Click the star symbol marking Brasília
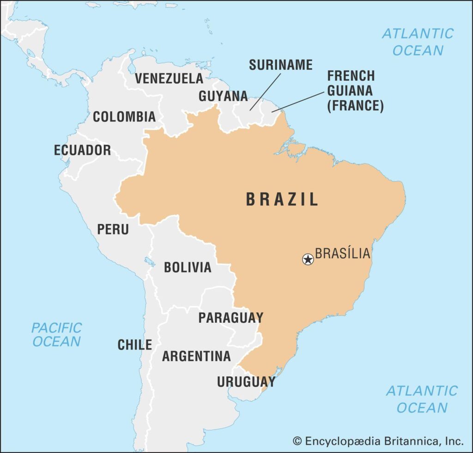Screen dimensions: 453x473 [x=308, y=259]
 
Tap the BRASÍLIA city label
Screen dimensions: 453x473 [x=342, y=254]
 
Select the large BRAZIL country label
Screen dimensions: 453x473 [x=282, y=199]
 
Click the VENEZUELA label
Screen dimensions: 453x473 [x=169, y=79]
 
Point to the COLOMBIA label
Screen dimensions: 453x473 [x=124, y=117]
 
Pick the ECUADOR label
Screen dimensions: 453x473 [x=82, y=150]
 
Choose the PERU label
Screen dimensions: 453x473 [x=113, y=229]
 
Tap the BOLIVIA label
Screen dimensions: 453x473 [x=188, y=267]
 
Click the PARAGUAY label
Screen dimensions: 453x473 [x=230, y=318]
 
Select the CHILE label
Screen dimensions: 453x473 [x=134, y=344]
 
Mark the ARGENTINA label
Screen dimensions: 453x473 [x=196, y=356]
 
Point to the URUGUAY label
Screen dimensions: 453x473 [x=246, y=382]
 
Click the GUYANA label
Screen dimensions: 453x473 [x=223, y=96]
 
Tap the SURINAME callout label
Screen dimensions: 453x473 [x=280, y=65]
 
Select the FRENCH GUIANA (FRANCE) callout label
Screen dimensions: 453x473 [x=355, y=91]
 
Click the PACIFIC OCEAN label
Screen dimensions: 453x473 [x=56, y=335]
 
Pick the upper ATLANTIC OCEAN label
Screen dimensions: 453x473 [x=418, y=42]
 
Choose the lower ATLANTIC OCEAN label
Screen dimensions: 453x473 [x=421, y=399]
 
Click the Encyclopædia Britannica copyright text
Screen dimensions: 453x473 [x=378, y=441]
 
